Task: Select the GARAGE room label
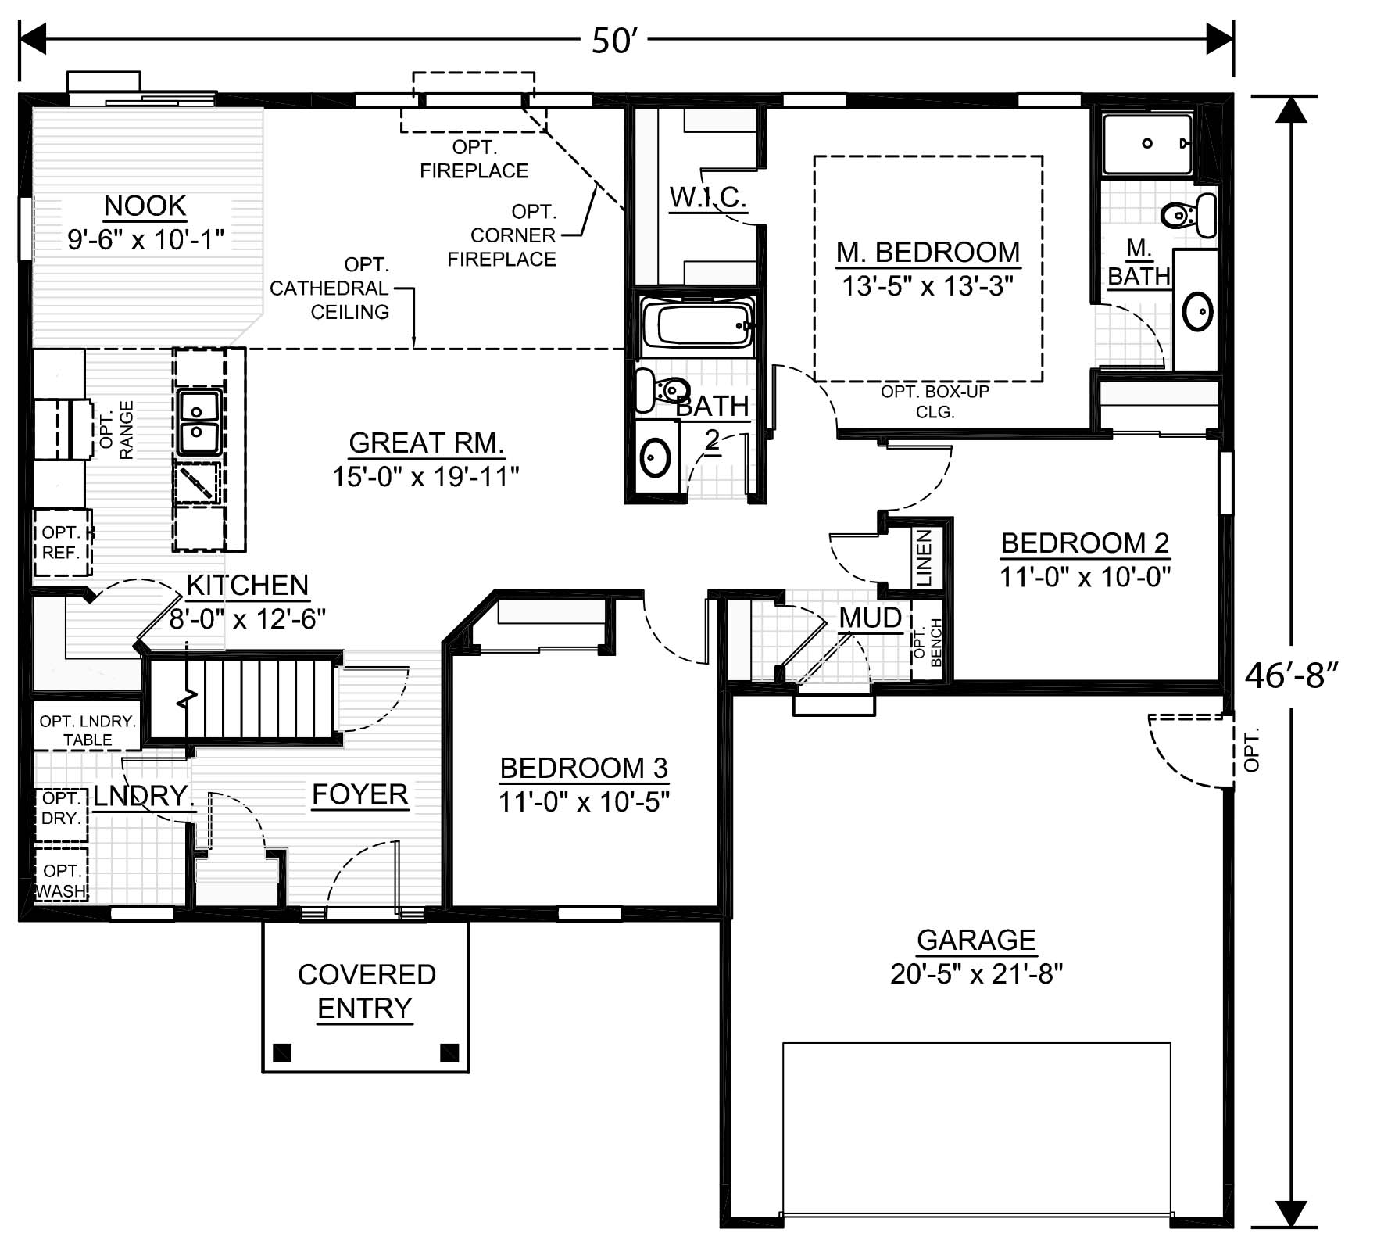click(x=976, y=940)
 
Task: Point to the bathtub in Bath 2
click(x=697, y=324)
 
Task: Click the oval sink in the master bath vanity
click(x=1198, y=311)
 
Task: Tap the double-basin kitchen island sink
click(x=199, y=422)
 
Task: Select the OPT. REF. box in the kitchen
click(x=62, y=543)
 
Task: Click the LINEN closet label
click(x=925, y=557)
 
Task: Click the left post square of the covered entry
click(x=283, y=1052)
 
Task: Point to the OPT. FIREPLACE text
click(x=474, y=159)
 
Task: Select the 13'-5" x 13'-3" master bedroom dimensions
click(x=928, y=286)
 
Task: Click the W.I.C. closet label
click(x=707, y=197)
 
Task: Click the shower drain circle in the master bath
click(x=1147, y=143)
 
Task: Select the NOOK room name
click(x=145, y=206)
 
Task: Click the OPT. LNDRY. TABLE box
click(x=88, y=730)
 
